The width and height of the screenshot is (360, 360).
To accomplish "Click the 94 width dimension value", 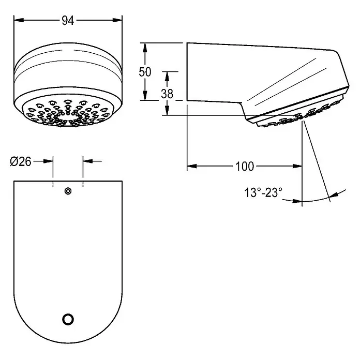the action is pos(68,21).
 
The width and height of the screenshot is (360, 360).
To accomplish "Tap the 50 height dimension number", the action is pos(145,72).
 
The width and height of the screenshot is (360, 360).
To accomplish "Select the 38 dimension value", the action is pos(167,94).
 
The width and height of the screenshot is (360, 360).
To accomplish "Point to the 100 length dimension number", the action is pos(245,167).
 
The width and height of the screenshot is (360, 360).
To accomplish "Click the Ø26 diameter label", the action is pos(21,161).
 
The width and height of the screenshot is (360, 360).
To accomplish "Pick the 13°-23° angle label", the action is pos(263,192).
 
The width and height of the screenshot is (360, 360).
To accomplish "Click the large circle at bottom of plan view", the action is pos(68,319).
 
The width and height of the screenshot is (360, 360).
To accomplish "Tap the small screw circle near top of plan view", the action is pos(68,191).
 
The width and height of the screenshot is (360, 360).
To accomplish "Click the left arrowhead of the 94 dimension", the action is pos(19,21).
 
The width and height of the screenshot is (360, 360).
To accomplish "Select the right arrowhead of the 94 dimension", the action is pos(117,21).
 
